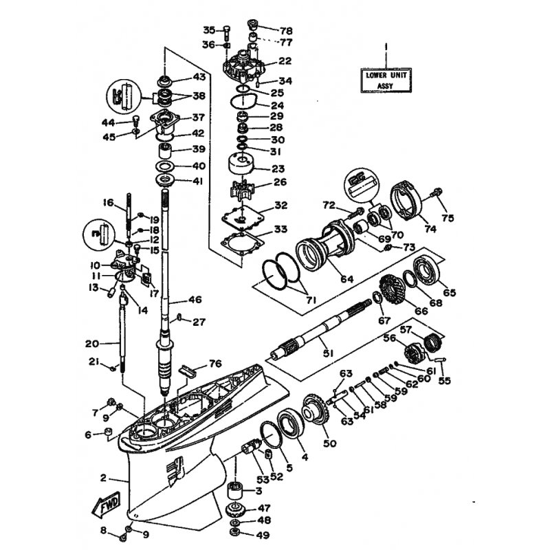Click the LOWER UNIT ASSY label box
point(386,80)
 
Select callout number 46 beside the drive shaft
point(195,300)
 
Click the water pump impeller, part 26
point(242,192)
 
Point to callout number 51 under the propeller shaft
point(328,353)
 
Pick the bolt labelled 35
point(227,34)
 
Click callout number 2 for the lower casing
point(103,478)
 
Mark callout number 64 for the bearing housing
point(347,279)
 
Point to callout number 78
point(285,31)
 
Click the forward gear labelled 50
point(316,411)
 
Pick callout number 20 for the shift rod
point(92,343)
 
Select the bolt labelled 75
point(437,192)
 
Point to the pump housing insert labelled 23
point(241,166)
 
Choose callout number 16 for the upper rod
point(109,202)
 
